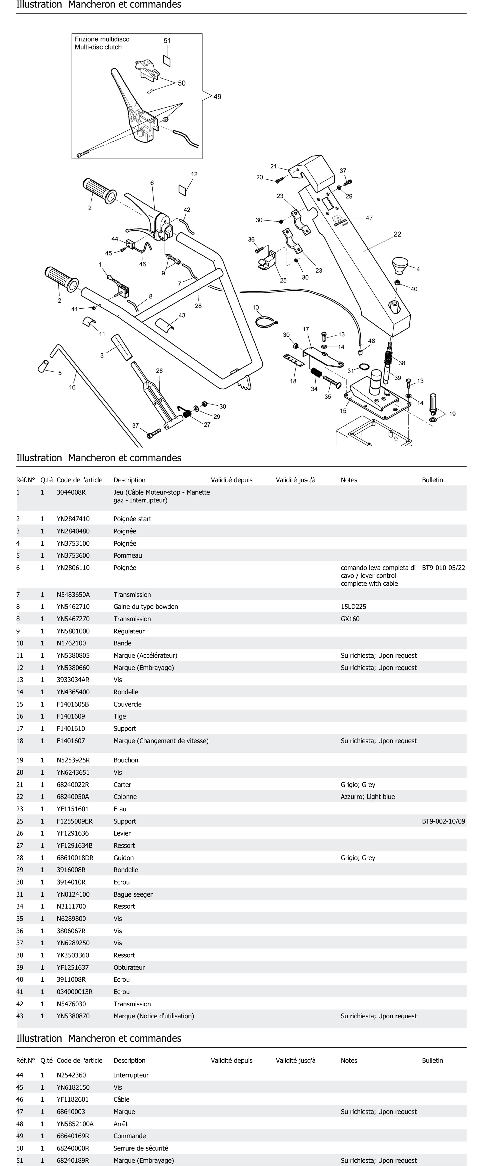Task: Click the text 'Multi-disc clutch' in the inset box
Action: tap(98, 47)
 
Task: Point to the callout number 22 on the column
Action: tap(397, 234)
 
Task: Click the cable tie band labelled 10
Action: tap(266, 322)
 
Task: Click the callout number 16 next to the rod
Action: tap(72, 387)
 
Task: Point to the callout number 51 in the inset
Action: tap(167, 41)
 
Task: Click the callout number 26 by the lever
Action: tap(159, 371)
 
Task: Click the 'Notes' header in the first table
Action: tap(349, 480)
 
